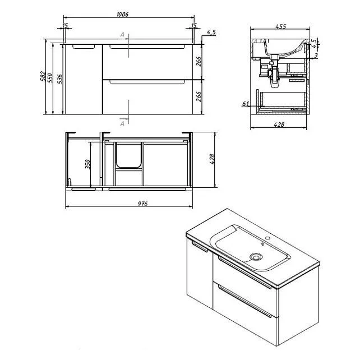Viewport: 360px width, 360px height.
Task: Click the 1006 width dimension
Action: (122, 14)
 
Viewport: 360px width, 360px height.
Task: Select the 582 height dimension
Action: (43, 76)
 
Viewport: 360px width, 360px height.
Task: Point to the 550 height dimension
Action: (50, 78)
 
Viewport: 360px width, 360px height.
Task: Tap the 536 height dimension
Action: (59, 79)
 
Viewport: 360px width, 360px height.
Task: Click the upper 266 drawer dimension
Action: (199, 61)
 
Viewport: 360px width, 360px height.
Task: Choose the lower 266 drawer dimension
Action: (199, 96)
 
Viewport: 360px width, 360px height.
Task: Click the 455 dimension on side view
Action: (280, 26)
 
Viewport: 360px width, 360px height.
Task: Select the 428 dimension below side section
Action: (279, 124)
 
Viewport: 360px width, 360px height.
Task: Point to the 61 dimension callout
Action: (246, 104)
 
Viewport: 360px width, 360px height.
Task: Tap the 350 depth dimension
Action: (87, 164)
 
